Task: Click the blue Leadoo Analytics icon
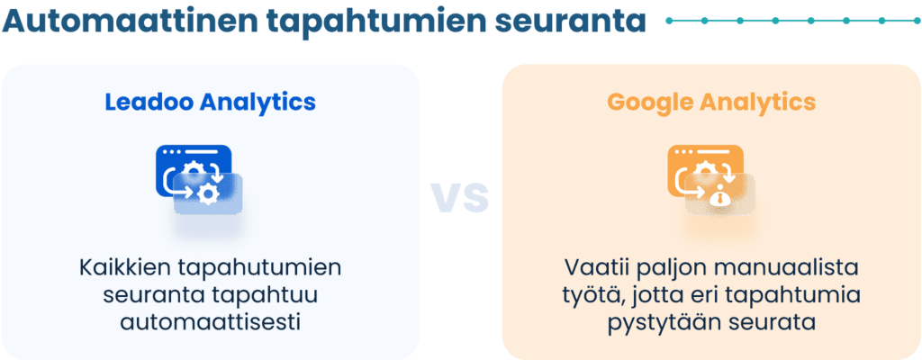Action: coord(199,179)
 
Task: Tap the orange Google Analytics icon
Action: coord(710,179)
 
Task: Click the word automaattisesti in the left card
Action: coord(210,321)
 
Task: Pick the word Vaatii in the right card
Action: coord(594,268)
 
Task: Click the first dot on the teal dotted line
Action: coord(672,20)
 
